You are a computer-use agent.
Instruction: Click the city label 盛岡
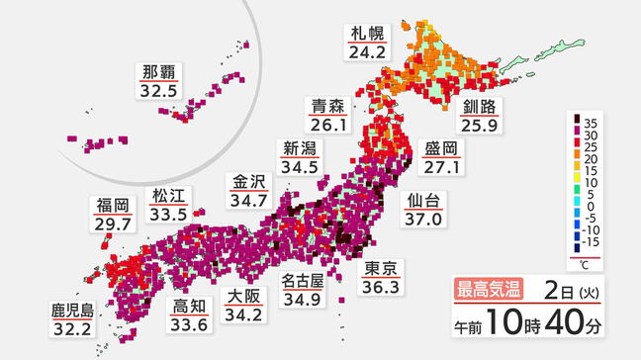click(440, 148)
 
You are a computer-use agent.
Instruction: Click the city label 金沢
click(248, 182)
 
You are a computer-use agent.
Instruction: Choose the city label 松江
click(169, 194)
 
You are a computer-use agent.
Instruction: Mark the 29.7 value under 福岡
click(114, 225)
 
